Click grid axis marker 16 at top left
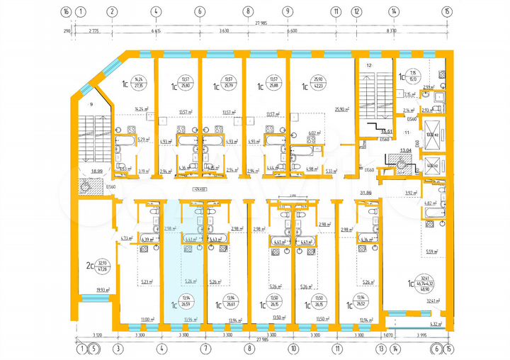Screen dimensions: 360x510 66,11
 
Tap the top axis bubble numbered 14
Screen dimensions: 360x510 392,11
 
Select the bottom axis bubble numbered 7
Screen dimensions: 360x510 203,349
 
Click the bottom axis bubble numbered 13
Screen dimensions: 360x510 381,349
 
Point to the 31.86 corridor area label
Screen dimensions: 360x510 366,192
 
